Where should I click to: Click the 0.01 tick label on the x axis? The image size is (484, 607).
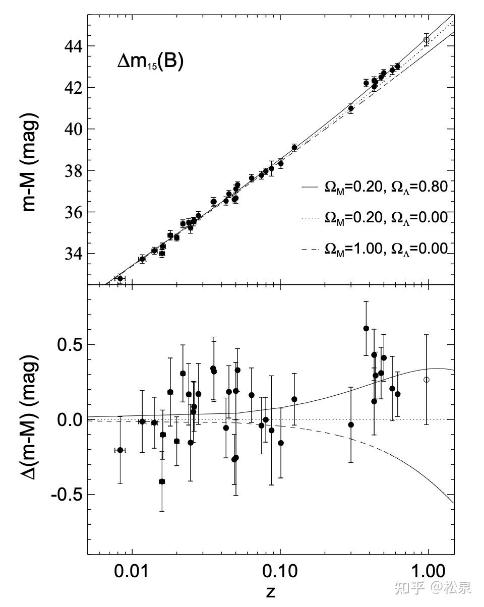pos(132,573)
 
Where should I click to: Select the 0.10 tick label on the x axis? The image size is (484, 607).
pos(280,573)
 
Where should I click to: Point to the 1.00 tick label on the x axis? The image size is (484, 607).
pos(428,573)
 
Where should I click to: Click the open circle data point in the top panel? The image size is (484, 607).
pos(427,40)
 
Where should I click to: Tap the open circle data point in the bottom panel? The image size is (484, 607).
pos(427,380)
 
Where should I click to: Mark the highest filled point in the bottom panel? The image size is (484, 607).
pos(366,328)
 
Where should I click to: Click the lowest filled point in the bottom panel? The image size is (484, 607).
pos(162,481)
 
